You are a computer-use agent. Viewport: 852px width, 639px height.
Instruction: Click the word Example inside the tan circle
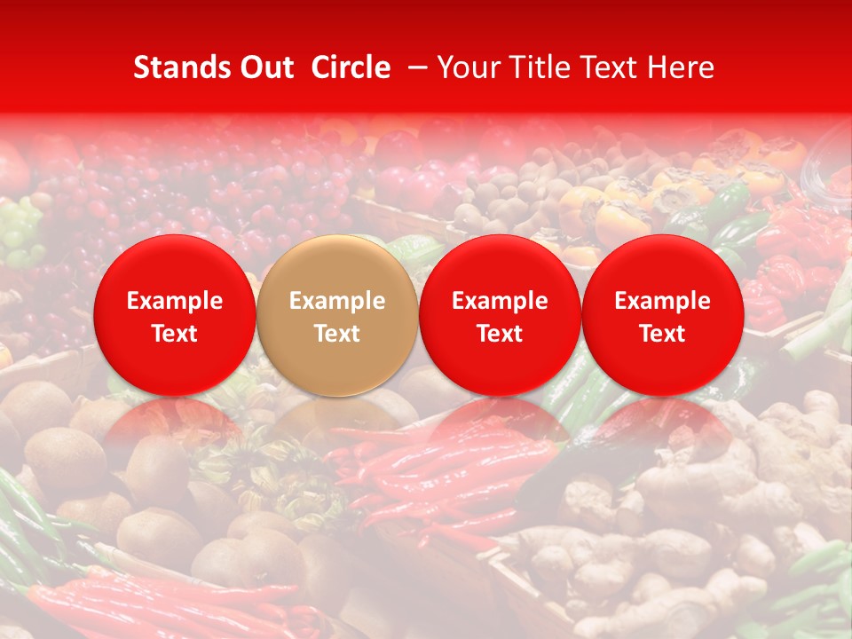(x=337, y=301)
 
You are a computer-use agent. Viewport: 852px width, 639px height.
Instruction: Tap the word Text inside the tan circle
(x=337, y=334)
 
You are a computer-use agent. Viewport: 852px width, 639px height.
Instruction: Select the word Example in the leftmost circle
(x=175, y=301)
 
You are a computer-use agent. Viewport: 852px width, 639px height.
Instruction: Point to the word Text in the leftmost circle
(x=175, y=334)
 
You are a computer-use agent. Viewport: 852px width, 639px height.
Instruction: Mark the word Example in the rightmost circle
(x=662, y=301)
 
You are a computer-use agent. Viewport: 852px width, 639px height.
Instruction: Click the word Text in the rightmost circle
(x=662, y=334)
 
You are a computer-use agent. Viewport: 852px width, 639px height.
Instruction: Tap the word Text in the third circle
(x=500, y=334)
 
